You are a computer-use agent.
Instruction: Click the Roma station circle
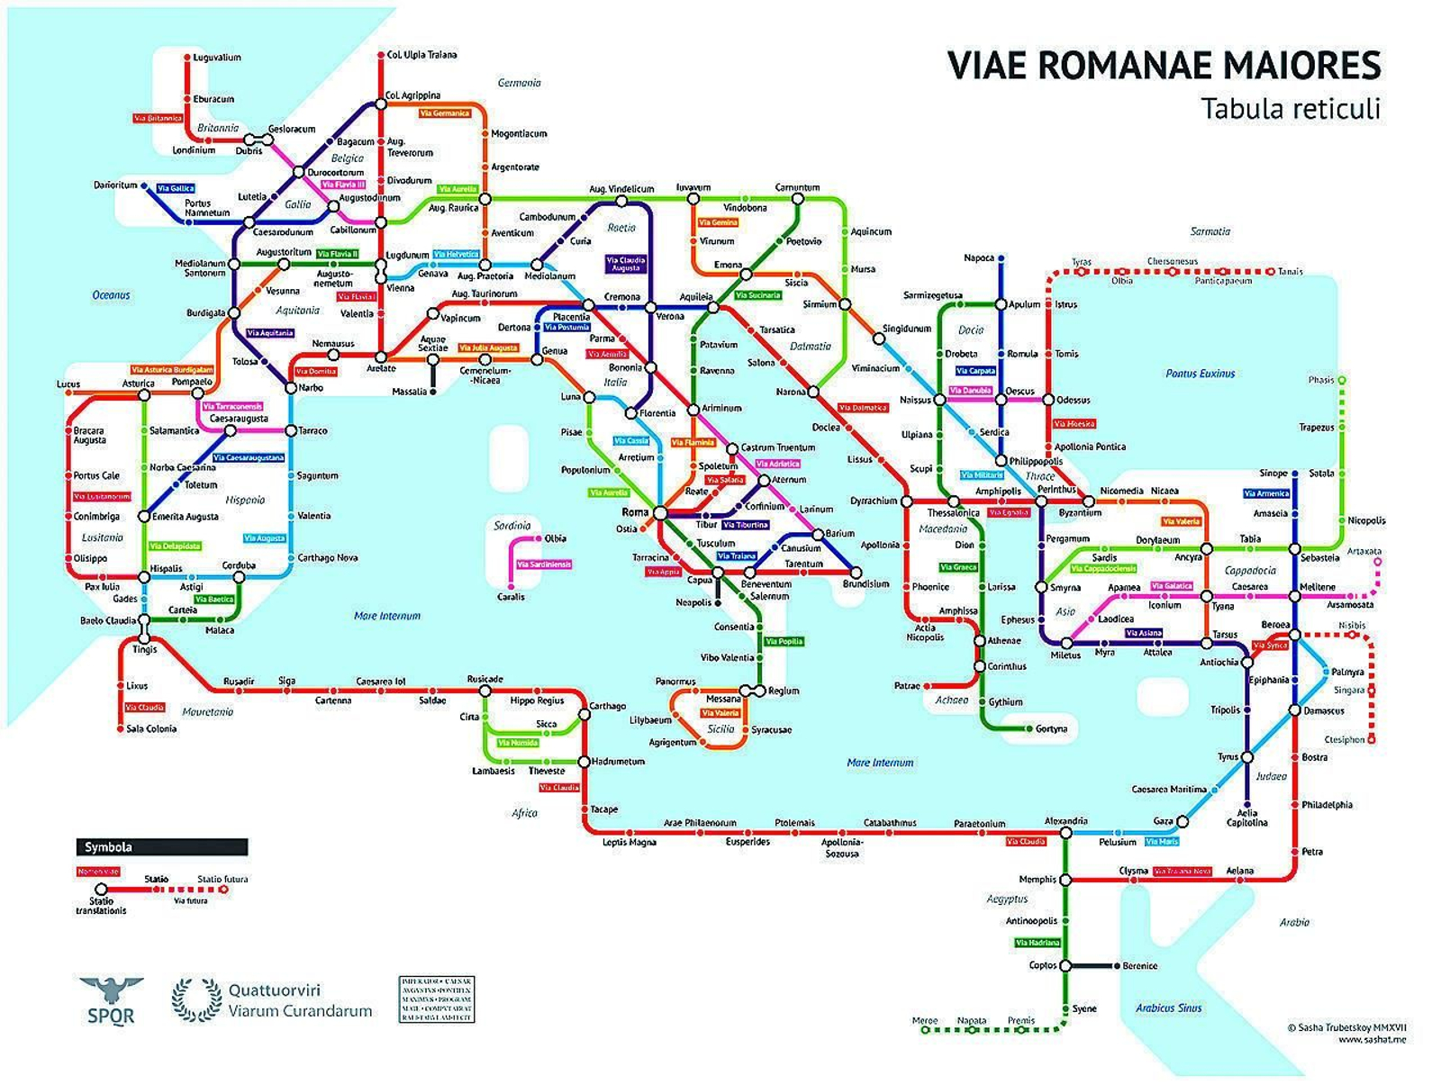pos(659,512)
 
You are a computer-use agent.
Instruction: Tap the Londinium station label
pos(194,150)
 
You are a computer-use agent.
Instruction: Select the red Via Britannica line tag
pos(158,118)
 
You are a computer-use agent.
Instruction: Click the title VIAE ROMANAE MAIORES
pos(1164,66)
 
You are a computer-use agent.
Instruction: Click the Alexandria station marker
pos(1065,833)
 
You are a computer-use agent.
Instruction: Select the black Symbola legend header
pos(161,846)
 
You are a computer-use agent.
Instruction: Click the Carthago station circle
pos(584,715)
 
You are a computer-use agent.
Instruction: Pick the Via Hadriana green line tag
pos(1038,943)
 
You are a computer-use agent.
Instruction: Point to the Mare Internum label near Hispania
pos(387,616)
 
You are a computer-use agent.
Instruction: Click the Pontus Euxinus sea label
pos(1200,373)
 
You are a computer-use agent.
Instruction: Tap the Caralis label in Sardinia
pos(511,597)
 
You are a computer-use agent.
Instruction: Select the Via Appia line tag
pos(664,572)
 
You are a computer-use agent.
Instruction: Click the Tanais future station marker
pos(1271,271)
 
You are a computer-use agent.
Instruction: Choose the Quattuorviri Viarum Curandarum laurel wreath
pos(196,1000)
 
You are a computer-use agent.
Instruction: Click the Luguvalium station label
pos(217,58)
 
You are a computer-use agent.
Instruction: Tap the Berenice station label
pos(1140,965)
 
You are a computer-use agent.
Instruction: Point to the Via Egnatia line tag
pos(1008,512)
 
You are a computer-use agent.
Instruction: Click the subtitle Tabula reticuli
pos(1290,108)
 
